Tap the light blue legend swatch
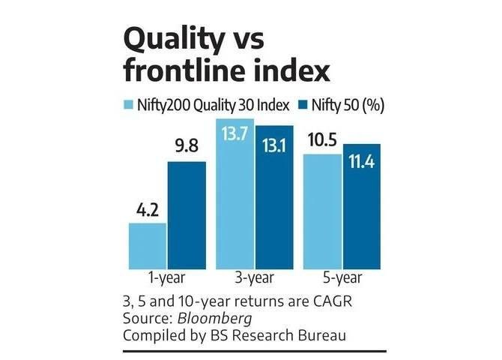click(127, 105)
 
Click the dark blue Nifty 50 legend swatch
click(304, 105)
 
